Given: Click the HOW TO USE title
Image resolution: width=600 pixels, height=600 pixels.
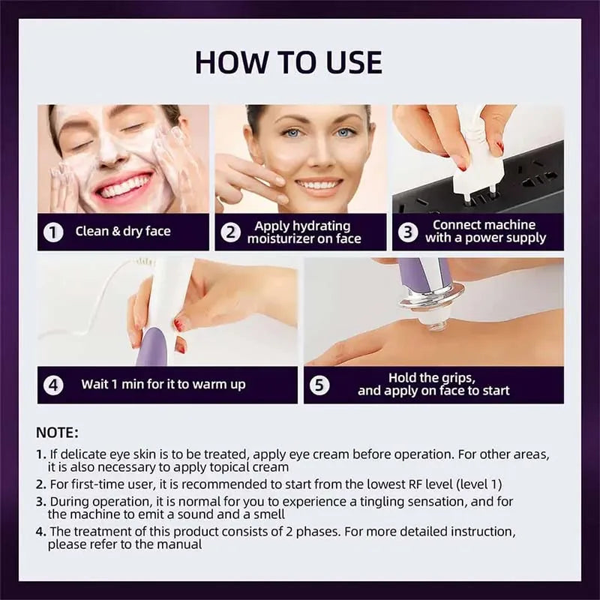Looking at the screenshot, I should coord(289,62).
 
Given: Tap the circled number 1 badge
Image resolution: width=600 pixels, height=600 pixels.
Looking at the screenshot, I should coord(52,232).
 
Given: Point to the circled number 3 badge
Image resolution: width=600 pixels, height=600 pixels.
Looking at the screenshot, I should coord(407,232).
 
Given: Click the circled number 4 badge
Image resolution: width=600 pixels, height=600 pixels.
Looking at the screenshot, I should coord(52,385).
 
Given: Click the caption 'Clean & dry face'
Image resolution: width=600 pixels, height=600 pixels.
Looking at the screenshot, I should coord(123,232).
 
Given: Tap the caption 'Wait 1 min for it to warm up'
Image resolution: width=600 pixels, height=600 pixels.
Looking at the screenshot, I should coord(163,385).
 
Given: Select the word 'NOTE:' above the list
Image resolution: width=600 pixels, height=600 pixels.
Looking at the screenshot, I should coord(57,433).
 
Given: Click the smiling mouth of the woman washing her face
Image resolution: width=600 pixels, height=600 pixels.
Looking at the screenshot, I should coord(124,186).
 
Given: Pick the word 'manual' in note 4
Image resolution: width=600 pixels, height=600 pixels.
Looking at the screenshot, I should coord(178,544).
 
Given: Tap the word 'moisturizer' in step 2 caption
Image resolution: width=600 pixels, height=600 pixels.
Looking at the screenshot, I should coord(281,239).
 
